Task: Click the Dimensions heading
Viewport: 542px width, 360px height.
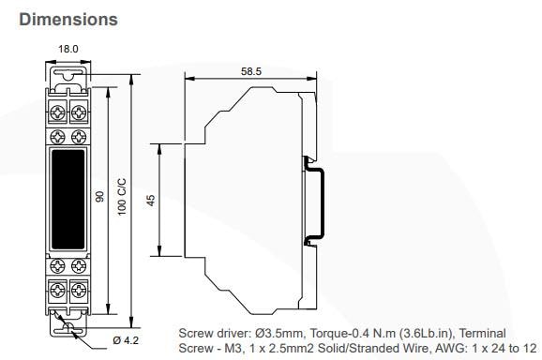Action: pos(68,19)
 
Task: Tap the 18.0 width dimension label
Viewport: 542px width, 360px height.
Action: pos(68,50)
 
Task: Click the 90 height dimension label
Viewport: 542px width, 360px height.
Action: pos(98,198)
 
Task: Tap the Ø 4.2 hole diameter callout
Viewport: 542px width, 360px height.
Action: pos(127,338)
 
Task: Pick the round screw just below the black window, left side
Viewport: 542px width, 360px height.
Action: pos(57,263)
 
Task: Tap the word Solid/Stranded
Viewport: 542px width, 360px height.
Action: pos(354,348)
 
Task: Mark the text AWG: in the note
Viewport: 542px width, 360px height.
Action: pos(434,348)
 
